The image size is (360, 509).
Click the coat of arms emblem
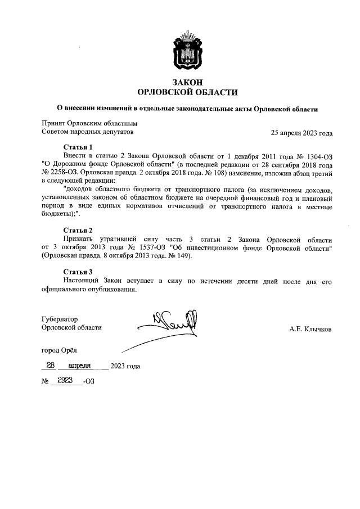pos(188,52)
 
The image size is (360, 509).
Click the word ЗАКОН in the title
pos(188,82)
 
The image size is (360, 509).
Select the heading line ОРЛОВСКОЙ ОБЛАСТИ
pos(188,92)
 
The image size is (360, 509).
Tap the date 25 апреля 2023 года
pos(301,133)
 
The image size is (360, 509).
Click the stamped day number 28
pos(51,365)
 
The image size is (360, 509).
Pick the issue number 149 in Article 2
pos(184,256)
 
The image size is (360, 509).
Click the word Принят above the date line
pos(54,123)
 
